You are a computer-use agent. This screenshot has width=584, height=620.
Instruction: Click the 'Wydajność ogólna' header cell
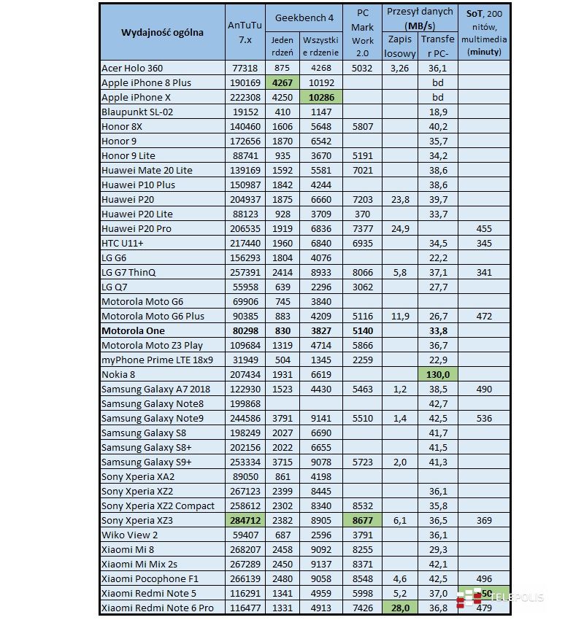pos(162,32)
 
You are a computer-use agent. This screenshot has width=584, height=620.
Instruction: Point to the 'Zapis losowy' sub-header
pos(400,46)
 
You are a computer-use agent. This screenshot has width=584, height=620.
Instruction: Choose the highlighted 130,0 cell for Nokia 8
pos(438,374)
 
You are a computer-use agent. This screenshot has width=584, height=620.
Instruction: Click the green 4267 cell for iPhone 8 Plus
pos(282,82)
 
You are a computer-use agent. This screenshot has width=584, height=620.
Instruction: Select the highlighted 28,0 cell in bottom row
pos(400,608)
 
